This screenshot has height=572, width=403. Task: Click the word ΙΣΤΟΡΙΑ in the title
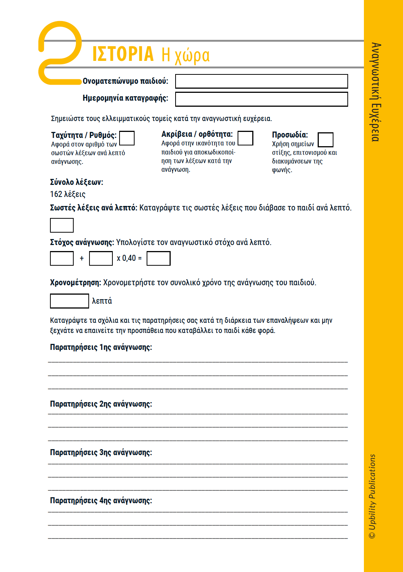coord(123,54)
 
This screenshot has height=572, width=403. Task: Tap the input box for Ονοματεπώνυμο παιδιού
coord(261,81)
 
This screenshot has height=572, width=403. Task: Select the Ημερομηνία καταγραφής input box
coord(261,99)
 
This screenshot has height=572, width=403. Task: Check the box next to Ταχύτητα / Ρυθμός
coord(127,138)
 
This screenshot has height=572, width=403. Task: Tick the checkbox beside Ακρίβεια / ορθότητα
coord(245,138)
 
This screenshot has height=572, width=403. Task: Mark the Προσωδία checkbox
coord(326,139)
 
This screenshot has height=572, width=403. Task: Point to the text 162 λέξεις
coord(68,194)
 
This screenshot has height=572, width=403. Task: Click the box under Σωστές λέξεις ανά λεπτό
coord(62,225)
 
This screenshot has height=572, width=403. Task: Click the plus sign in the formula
coord(82,259)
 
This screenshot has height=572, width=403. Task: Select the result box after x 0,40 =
coord(158,259)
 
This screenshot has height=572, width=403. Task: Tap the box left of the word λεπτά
coord(70,301)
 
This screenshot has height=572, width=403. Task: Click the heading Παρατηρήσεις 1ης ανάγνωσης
coord(101,347)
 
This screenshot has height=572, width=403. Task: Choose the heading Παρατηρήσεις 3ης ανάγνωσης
coord(101,452)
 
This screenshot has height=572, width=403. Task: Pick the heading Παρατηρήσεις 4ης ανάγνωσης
coord(101,501)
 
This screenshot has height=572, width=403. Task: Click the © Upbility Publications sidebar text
coord(372,496)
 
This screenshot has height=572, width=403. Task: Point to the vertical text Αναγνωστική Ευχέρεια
coord(376,92)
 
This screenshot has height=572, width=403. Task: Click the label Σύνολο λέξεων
coord(76,182)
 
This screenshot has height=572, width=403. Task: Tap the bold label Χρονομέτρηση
coord(75,283)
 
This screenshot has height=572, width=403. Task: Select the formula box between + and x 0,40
coord(101,259)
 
